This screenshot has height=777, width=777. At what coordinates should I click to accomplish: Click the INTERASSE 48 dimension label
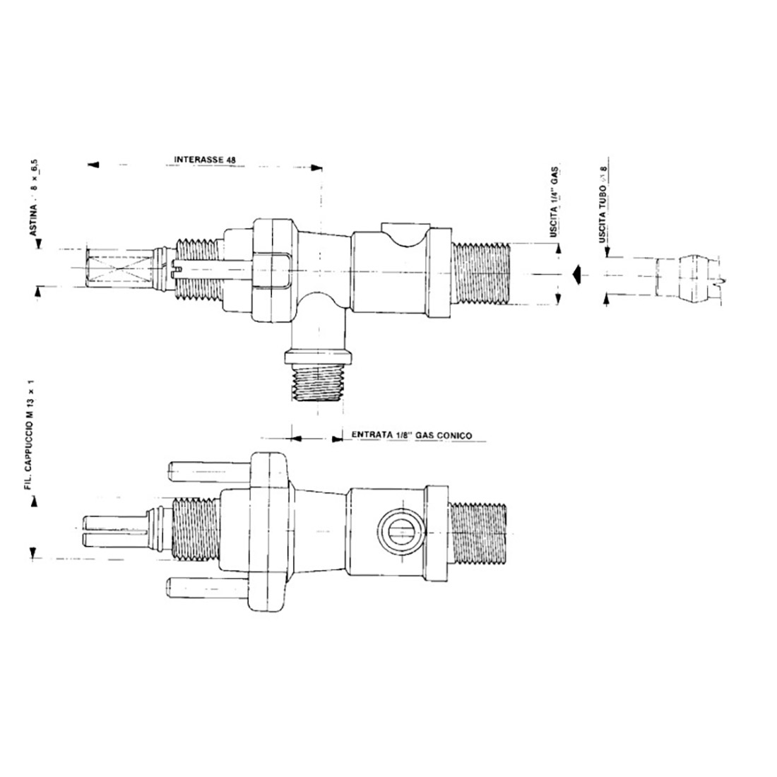204,160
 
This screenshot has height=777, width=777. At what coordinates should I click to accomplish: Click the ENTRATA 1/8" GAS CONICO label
406,436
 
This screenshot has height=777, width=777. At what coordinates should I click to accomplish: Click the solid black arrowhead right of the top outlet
576,273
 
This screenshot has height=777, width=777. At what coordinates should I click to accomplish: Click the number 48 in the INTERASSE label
230,160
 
